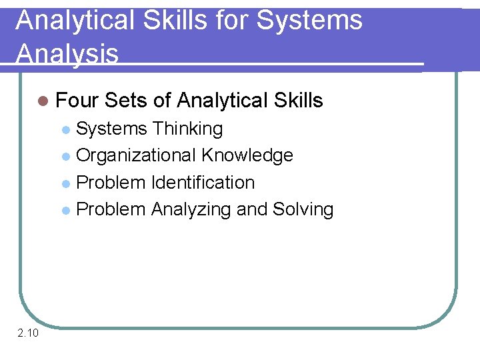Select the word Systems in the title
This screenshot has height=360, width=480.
pos(309,20)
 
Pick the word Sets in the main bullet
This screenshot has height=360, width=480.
pos(126,101)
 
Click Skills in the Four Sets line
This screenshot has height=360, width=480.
pos(298,101)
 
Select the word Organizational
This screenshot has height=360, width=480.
pos(136,155)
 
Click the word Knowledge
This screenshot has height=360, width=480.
pos(247,155)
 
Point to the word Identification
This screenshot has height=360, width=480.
pos(203,182)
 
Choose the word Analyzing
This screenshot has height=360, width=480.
pos(191,209)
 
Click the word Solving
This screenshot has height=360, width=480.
pos(303,209)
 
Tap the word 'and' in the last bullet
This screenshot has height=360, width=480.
pos(252,209)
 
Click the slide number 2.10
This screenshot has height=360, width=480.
pos(28,333)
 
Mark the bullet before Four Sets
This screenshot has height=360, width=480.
pos(44,101)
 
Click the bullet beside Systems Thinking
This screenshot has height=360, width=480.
pos(65,129)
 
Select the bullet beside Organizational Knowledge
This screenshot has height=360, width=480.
pos(65,156)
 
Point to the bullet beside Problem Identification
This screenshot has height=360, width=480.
pos(65,183)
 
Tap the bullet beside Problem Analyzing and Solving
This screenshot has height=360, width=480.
pos(65,210)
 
